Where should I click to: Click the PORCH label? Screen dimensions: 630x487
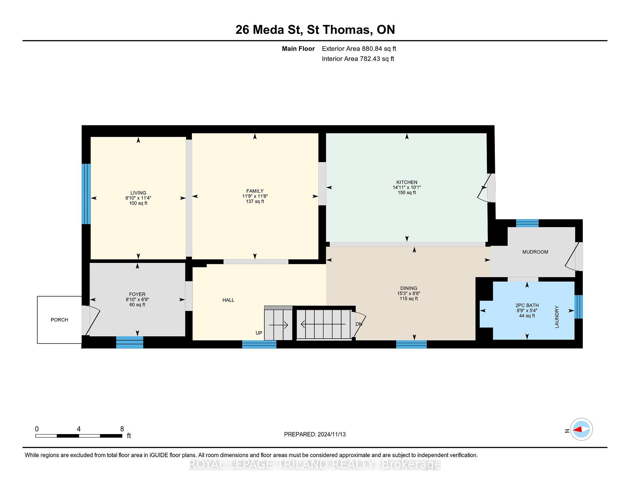tap(59, 320)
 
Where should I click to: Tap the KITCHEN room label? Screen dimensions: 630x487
tap(407, 182)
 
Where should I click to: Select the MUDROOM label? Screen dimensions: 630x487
tap(535, 252)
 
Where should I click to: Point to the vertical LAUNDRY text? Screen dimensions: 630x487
tap(556, 317)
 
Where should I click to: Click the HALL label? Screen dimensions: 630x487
tap(228, 300)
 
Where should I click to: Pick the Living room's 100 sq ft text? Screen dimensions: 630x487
tap(138, 203)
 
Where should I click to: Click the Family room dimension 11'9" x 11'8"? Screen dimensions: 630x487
tap(255, 196)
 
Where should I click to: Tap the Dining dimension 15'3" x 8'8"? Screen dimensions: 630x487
tap(409, 293)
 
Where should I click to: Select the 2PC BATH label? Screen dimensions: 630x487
tap(527, 305)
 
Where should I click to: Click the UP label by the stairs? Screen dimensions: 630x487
tap(259, 333)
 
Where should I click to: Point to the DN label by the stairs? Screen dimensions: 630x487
tap(359, 324)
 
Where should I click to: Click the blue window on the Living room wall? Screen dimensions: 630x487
tap(86, 194)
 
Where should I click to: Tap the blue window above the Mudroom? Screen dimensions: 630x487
tap(527, 223)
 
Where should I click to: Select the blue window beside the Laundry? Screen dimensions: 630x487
tap(578, 307)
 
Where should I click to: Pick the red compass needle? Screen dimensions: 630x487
tap(577, 429)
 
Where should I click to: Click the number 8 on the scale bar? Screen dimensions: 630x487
tap(122, 429)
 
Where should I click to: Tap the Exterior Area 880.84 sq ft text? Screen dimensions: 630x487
tap(359, 49)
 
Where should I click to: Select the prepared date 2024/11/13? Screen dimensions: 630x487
tap(332, 434)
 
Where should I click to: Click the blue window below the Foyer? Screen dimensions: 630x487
tap(130, 342)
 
